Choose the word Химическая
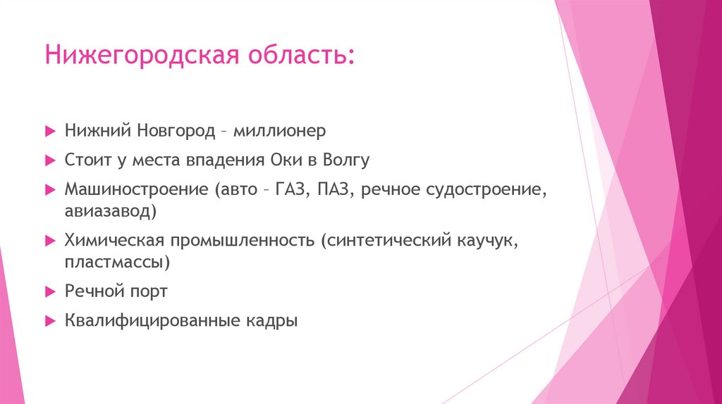coord(114,241)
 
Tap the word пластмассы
coord(118,261)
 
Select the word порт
coord(146,291)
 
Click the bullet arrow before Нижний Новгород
coord(49,131)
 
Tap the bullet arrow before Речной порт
coord(49,291)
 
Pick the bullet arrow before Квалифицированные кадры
coord(49,321)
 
